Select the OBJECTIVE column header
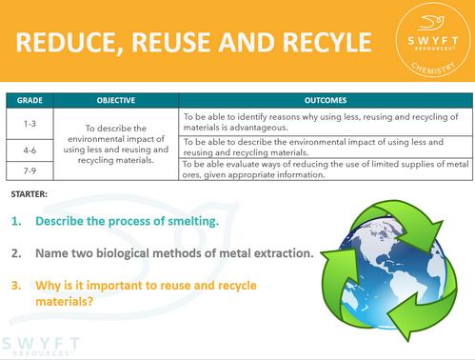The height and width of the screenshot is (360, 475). click(x=115, y=99)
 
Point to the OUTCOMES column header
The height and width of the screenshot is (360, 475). click(x=325, y=99)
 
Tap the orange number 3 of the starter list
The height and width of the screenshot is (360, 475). click(x=16, y=284)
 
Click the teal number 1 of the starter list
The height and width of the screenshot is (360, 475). click(x=16, y=222)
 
